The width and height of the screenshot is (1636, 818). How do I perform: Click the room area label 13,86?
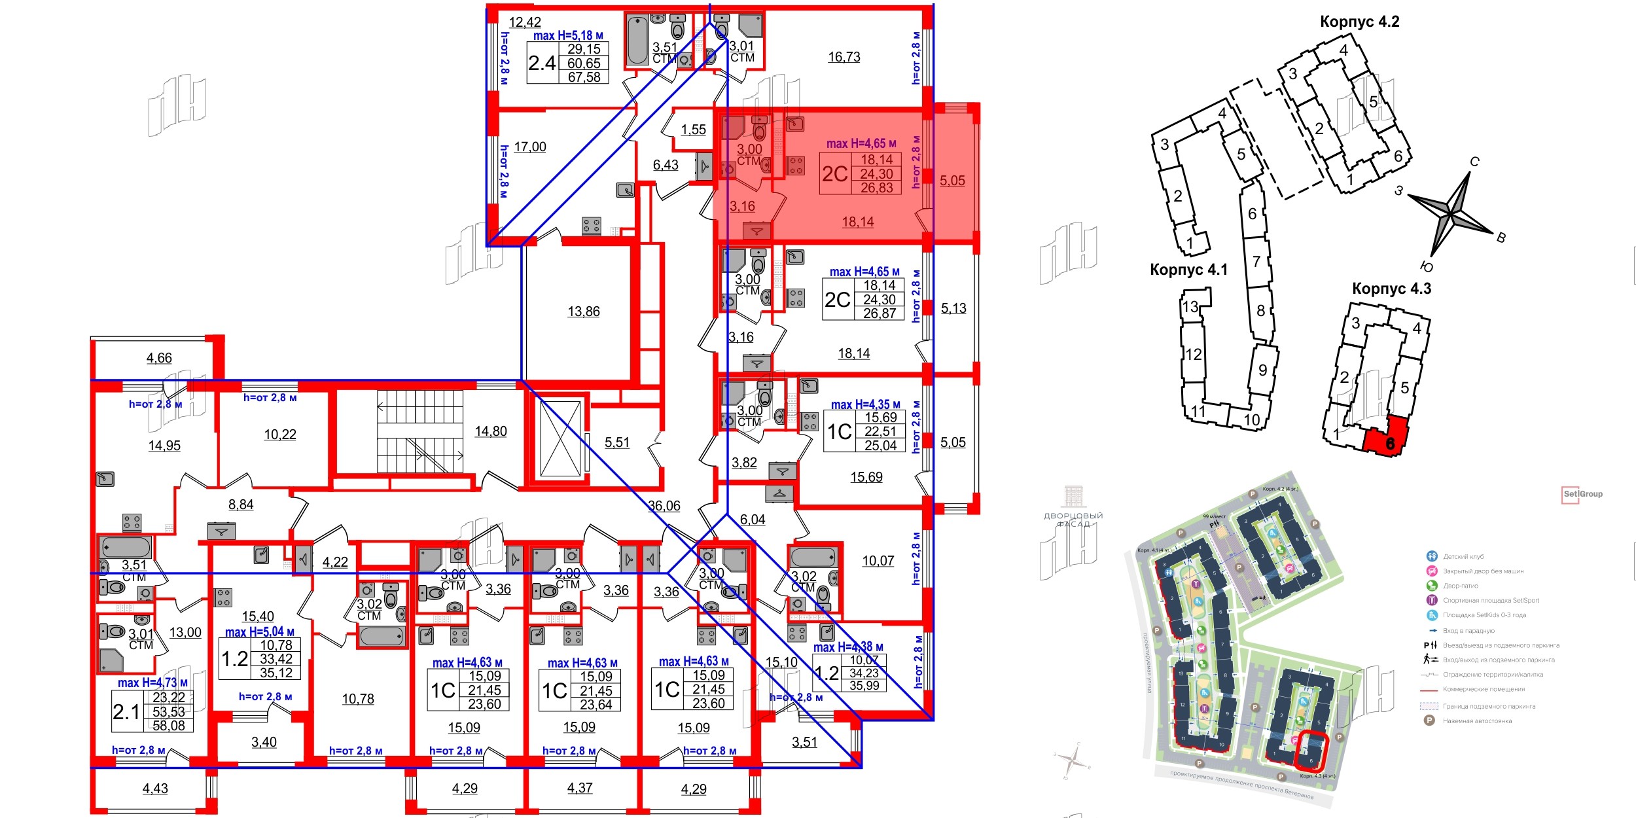click(x=583, y=311)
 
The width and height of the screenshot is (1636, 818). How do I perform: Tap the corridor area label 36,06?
click(x=664, y=506)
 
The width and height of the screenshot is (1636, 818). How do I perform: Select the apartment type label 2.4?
click(x=542, y=63)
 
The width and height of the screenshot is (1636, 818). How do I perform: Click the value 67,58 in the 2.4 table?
click(x=584, y=77)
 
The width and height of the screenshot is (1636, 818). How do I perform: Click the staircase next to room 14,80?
click(x=419, y=432)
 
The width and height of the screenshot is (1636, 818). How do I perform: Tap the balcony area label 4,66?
click(x=159, y=358)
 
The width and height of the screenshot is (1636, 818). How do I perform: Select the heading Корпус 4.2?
click(x=1359, y=22)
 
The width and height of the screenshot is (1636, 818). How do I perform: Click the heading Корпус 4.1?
click(x=1188, y=270)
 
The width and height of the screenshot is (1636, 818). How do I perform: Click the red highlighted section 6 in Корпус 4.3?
click(x=1385, y=437)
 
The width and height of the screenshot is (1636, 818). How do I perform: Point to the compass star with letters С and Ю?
click(x=1451, y=213)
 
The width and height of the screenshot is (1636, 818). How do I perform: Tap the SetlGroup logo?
click(x=1582, y=494)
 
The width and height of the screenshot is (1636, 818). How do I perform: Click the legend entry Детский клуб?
click(x=1463, y=556)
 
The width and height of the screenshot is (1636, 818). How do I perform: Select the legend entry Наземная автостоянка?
click(x=1477, y=720)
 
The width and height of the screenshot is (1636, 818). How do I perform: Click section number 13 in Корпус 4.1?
click(x=1190, y=306)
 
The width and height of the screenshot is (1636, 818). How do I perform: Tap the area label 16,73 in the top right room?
click(x=844, y=57)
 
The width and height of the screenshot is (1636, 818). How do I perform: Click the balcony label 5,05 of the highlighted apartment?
click(x=952, y=181)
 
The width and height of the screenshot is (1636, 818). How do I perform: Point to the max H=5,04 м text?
click(x=259, y=632)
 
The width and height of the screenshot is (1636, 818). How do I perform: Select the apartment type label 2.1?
click(x=126, y=712)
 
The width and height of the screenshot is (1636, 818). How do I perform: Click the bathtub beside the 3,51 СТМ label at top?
click(x=637, y=41)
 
